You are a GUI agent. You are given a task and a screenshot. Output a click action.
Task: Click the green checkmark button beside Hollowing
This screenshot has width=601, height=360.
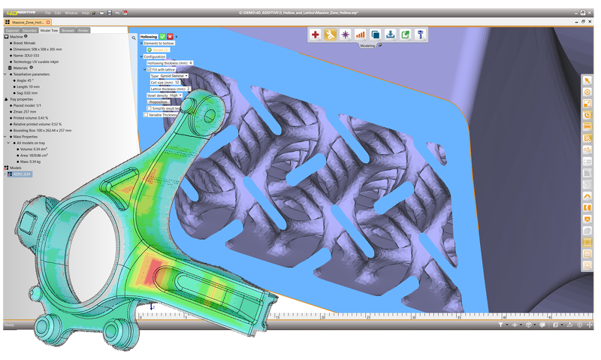[x=162, y=36]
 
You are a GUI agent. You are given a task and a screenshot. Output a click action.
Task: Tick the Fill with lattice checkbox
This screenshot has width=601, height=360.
[x=149, y=69]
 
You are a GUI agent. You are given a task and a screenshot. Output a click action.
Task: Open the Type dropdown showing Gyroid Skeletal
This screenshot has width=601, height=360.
[x=169, y=76]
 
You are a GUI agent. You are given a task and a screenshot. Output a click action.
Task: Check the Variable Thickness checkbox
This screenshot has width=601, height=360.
[x=145, y=115]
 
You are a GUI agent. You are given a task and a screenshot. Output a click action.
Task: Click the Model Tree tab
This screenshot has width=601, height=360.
[x=50, y=30]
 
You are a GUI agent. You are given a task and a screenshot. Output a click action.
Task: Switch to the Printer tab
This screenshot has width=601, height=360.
[x=83, y=30]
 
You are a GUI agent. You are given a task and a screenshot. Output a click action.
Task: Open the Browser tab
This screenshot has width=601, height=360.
[x=68, y=30]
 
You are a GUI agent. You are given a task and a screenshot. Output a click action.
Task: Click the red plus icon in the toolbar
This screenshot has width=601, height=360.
[x=316, y=34]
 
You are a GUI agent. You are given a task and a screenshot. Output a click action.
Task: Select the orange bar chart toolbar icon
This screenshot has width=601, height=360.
[x=360, y=34]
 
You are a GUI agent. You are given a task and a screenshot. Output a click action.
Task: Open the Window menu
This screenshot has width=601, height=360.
[x=71, y=13]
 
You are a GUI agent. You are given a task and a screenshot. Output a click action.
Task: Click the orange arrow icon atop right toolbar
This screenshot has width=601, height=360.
[x=587, y=80]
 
